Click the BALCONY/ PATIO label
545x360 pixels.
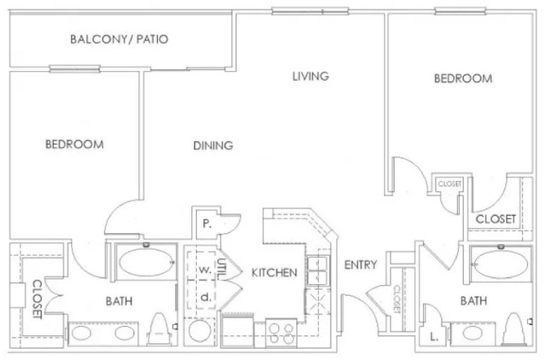pos(119,39)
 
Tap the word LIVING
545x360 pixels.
pos(310,76)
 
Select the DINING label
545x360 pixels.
pos(213,145)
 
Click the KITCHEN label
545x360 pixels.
pos(275,273)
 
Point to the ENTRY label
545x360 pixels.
pos(361,265)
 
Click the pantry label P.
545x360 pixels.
pos(206,224)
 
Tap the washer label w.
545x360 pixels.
pos(205,270)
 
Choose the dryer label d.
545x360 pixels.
pos(206,297)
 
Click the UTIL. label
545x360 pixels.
pos(221,270)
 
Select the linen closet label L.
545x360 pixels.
pos(434,336)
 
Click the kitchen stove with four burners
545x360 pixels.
pos(281,333)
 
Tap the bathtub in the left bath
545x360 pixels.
pos(146,263)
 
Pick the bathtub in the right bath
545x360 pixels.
pos(501,264)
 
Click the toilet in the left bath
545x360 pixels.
pos(159,329)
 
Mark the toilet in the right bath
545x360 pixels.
pos(517,328)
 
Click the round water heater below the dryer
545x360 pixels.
pos(200,332)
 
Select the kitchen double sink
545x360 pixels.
pos(317,271)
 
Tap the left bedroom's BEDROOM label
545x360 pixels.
pos(74,144)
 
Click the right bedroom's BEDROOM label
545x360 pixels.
pos(463,78)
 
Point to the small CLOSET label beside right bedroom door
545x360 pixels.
pos(449,183)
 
